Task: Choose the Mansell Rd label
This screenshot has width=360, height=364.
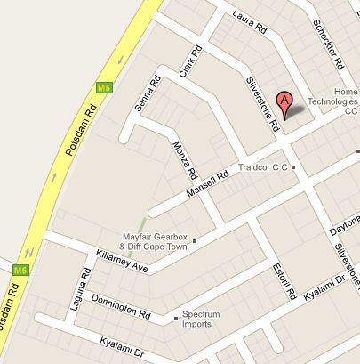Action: click(208, 186)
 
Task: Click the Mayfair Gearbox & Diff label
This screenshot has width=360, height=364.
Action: click(156, 241)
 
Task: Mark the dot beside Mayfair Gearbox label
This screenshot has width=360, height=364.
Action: click(196, 241)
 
